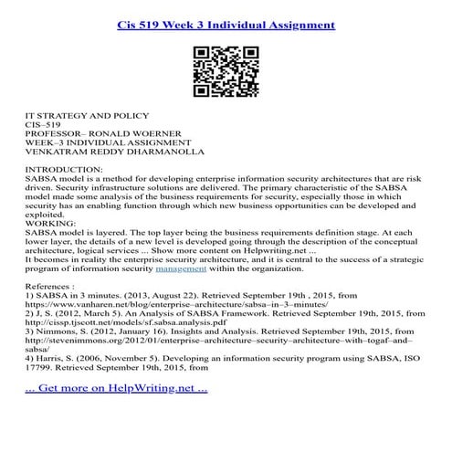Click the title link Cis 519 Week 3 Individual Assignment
[x=226, y=18]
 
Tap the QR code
[x=226, y=69]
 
